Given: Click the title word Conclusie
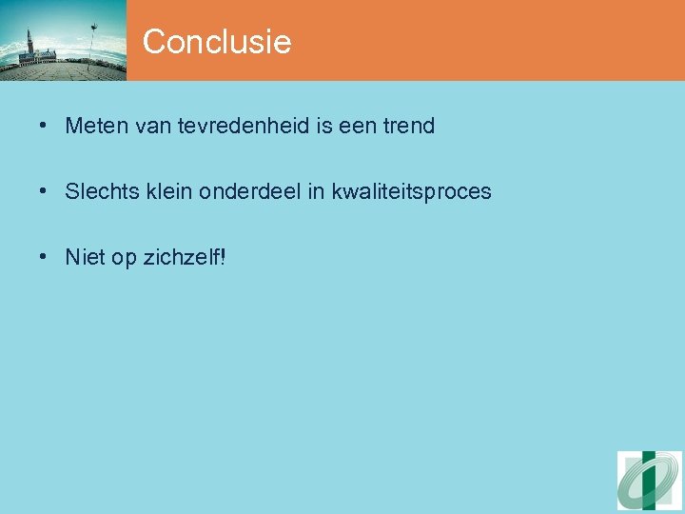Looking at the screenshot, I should pyautogui.click(x=217, y=42).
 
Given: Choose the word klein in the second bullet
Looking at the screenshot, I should pyautogui.click(x=167, y=191).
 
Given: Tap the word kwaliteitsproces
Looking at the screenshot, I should pyautogui.click(x=412, y=191).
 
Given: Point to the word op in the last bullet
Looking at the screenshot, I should pyautogui.click(x=125, y=258).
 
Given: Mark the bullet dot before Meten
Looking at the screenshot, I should pyautogui.click(x=45, y=126).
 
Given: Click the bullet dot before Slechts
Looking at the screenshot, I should pyautogui.click(x=45, y=191).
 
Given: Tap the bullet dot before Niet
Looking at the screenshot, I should pyautogui.click(x=45, y=257).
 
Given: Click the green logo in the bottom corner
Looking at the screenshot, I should pyautogui.click(x=650, y=481).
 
